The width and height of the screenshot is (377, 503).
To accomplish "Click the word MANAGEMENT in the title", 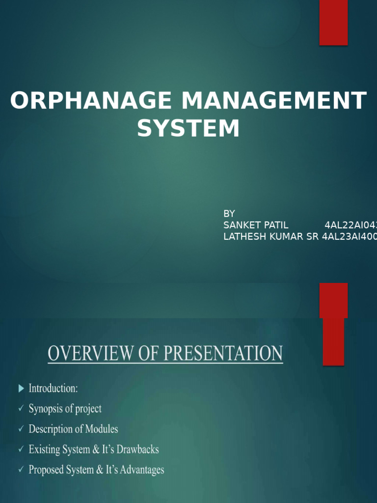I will click(x=274, y=101).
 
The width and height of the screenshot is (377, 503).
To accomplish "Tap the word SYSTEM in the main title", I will click(x=188, y=129).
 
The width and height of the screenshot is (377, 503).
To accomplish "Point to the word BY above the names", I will click(x=229, y=214).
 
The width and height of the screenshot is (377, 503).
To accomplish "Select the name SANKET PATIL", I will click(x=256, y=225).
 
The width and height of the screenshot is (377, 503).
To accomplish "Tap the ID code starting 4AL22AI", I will click(x=350, y=225).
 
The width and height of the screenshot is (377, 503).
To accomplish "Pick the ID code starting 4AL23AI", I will click(x=349, y=237).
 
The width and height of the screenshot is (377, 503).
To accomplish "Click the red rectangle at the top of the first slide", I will click(x=333, y=23).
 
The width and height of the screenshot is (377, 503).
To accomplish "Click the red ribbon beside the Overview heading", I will click(x=333, y=324).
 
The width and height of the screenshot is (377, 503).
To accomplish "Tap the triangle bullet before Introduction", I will click(x=21, y=389).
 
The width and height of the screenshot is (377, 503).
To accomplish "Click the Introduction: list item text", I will click(x=53, y=389).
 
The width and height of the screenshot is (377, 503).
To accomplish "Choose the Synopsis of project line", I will click(x=65, y=409).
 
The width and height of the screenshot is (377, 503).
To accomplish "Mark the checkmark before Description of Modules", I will click(x=21, y=429).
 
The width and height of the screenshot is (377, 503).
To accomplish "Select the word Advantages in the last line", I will click(x=140, y=470).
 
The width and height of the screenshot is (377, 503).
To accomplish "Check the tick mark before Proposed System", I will click(x=21, y=470).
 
